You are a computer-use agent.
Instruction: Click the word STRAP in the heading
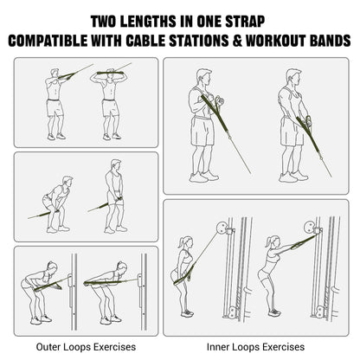[245, 22]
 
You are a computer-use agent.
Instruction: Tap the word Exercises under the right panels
[283, 346]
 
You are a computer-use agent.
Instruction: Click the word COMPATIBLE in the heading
[48, 41]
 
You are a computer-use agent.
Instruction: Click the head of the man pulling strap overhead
[111, 73]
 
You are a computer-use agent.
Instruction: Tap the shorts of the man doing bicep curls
[202, 131]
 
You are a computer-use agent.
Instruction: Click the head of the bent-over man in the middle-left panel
[67, 182]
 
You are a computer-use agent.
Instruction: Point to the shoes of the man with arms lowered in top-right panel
[293, 177]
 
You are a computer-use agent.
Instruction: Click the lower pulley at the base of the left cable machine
[230, 312]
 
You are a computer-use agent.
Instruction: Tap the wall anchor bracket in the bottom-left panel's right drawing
[140, 280]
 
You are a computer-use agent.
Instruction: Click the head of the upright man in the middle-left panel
[116, 165]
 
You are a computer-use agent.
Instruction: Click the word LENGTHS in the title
[148, 22]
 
